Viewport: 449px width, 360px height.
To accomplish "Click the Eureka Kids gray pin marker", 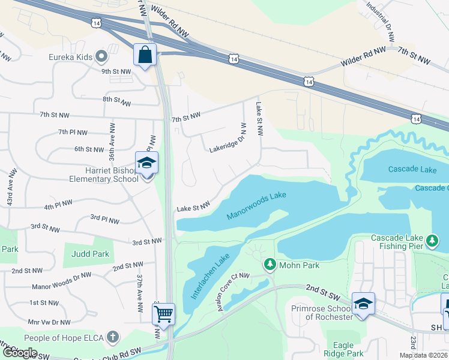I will [101, 58].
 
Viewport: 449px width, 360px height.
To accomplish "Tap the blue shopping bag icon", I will [145, 55].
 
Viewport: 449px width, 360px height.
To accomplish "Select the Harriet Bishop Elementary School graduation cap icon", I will [146, 164].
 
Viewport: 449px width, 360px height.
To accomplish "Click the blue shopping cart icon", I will [163, 314].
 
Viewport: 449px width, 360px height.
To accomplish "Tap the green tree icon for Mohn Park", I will [270, 264].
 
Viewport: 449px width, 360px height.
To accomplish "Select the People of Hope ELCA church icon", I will [112, 337].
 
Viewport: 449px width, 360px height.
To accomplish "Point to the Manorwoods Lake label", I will [257, 206].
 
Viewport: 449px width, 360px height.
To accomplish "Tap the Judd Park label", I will [90, 254].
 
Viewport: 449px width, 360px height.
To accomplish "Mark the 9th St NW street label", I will [116, 71].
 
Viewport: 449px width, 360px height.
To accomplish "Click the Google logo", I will [20, 352].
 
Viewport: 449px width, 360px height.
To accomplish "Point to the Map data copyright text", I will [423, 355].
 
